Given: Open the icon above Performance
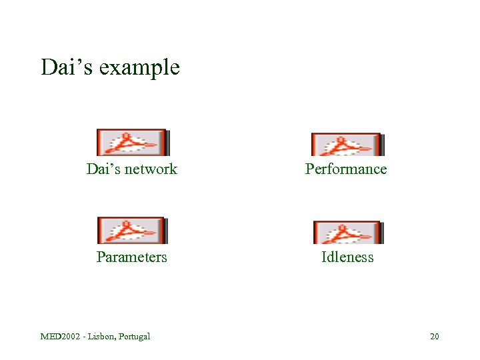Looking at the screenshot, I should (x=346, y=143).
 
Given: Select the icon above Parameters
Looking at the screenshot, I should (x=131, y=231).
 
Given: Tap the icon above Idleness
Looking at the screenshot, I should (x=347, y=232).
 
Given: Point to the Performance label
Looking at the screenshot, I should (x=346, y=169).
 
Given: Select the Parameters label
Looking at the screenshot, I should (x=131, y=257).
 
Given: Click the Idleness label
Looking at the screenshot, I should (x=347, y=257).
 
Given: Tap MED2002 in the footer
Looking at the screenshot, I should (x=61, y=336).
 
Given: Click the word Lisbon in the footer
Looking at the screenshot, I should (x=101, y=336).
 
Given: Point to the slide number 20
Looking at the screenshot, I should (x=434, y=336).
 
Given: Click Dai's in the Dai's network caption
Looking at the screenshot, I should (x=101, y=169).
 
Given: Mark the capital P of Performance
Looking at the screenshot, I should (x=309, y=169).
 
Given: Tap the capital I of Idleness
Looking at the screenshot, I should (x=324, y=257).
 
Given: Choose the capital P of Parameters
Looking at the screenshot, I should (x=101, y=257).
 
